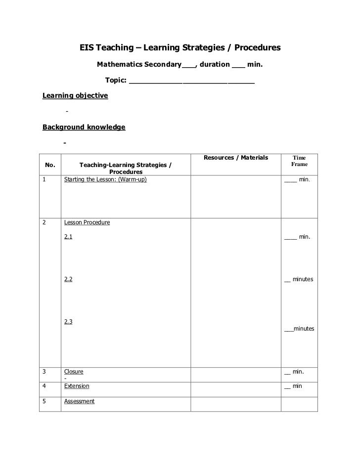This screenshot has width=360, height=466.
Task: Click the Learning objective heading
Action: tap(75, 95)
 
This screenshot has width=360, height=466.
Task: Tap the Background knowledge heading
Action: tap(84, 127)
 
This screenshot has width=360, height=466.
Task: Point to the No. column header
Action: tap(50, 165)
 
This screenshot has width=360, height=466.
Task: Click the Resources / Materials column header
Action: tap(235, 158)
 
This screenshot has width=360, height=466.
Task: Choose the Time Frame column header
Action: tap(299, 161)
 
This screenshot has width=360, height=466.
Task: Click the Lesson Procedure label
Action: tap(87, 223)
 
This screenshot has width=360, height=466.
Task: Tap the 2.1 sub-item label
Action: tap(68, 237)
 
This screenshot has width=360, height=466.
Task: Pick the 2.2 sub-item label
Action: tap(68, 280)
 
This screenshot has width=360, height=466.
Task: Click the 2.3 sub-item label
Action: tap(68, 322)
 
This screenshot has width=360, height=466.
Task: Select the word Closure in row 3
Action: tap(74, 372)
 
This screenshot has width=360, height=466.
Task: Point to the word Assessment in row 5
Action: tap(79, 402)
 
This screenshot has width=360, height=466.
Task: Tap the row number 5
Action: tap(44, 402)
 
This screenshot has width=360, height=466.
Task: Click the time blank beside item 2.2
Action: tap(287, 280)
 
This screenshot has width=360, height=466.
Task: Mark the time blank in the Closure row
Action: tap(287, 372)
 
